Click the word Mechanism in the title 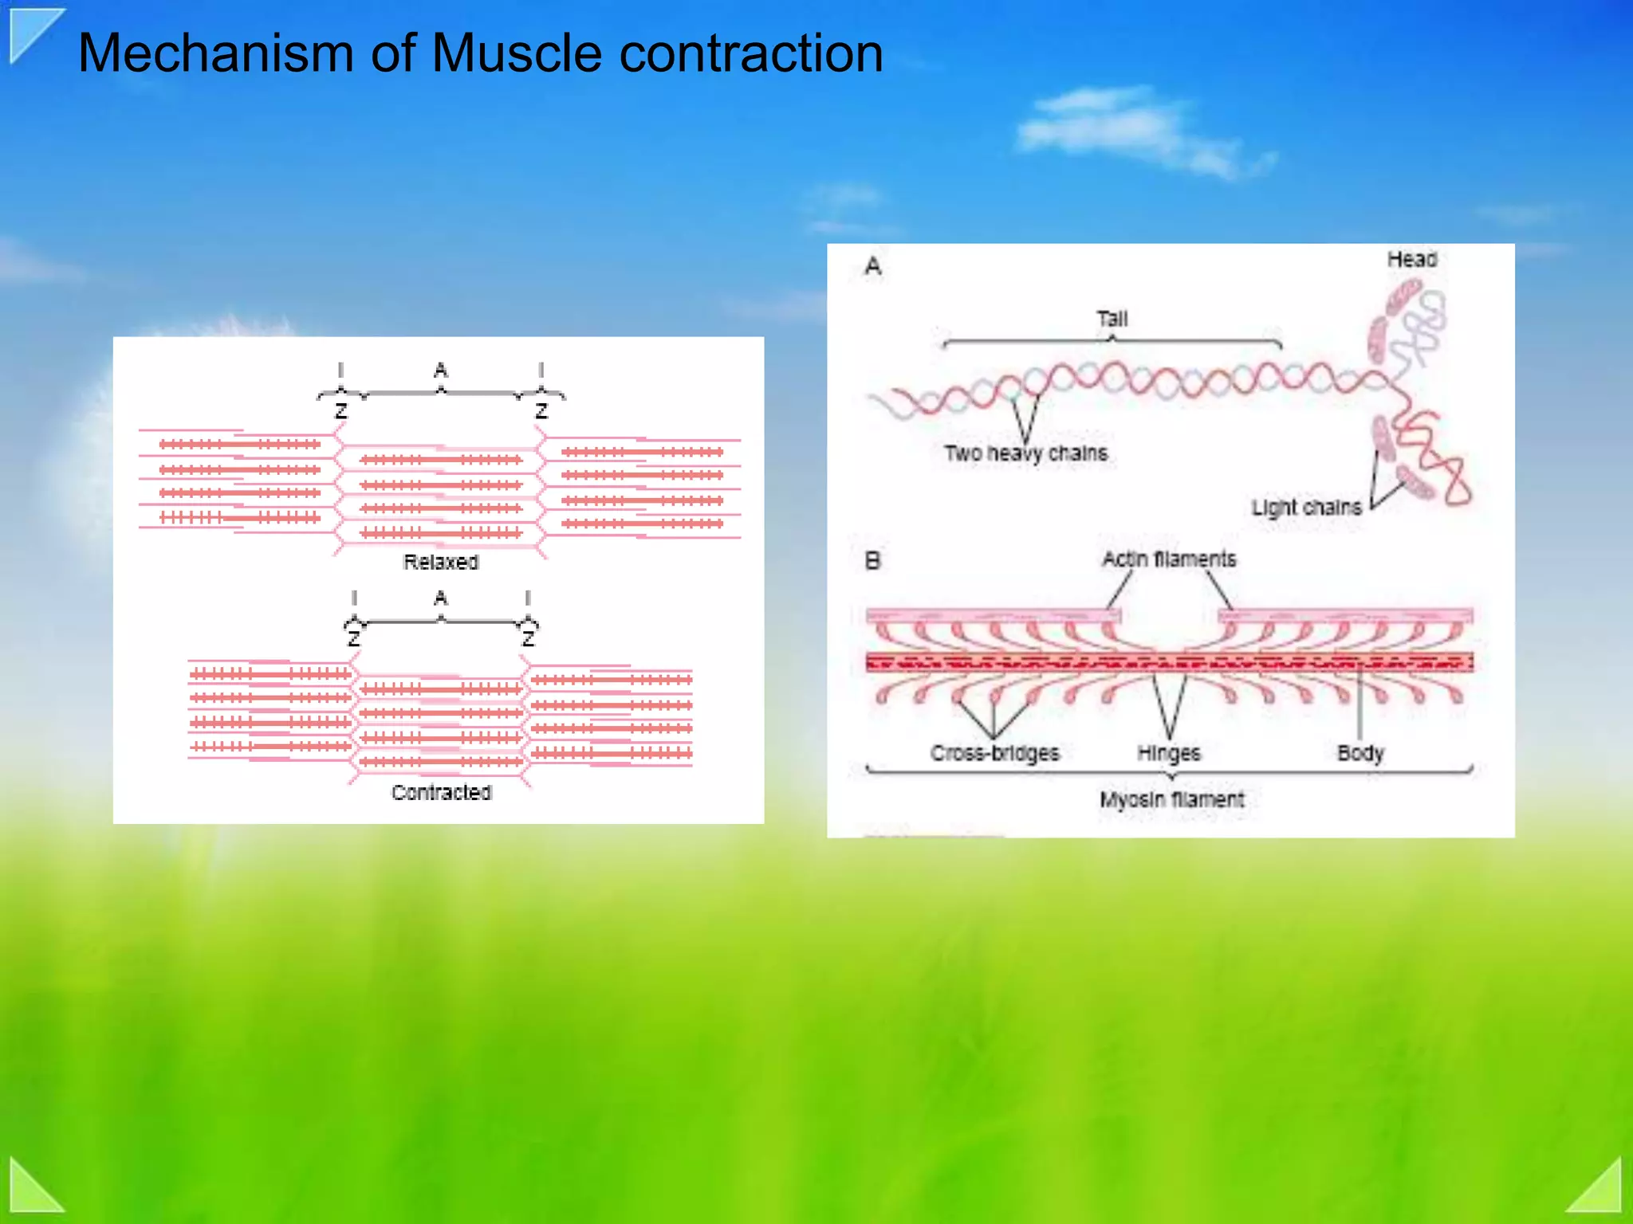pos(215,54)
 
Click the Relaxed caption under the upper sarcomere pos(441,562)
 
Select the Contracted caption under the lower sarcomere pos(441,792)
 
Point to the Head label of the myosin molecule pos(1411,260)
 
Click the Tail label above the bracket pos(1112,319)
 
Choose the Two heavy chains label pos(1025,453)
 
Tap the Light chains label pos(1306,508)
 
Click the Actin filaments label pos(1169,559)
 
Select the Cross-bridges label pos(994,753)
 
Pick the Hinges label pos(1168,753)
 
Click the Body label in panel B pos(1360,753)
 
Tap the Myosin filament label pos(1171,799)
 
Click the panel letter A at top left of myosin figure pos(873,266)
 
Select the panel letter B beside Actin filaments pos(873,561)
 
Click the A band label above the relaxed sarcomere pos(441,371)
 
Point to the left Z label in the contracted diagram pos(354,639)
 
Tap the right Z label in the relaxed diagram pos(541,411)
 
